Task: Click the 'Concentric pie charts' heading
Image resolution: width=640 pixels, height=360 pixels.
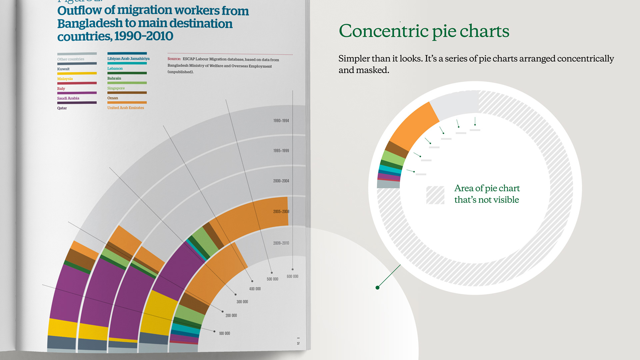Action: pyautogui.click(x=424, y=31)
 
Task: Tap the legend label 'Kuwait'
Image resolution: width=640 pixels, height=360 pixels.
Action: pyautogui.click(x=63, y=69)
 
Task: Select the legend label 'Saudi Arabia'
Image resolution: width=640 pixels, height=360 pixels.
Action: pyautogui.click(x=68, y=98)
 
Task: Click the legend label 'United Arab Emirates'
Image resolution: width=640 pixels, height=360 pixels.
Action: pyautogui.click(x=125, y=108)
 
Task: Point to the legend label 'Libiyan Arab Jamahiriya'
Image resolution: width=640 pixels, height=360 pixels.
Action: pyautogui.click(x=128, y=59)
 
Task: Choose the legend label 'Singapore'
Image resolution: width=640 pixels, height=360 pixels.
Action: pyautogui.click(x=116, y=88)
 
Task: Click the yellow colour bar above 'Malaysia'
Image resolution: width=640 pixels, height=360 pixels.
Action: pyautogui.click(x=77, y=73)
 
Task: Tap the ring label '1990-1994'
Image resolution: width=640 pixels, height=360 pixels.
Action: pyautogui.click(x=281, y=121)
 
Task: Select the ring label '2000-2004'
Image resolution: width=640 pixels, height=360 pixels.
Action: pyautogui.click(x=281, y=181)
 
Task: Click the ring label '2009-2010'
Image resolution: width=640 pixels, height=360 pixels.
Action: pyautogui.click(x=281, y=243)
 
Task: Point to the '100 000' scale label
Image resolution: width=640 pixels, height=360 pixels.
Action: pyautogui.click(x=224, y=333)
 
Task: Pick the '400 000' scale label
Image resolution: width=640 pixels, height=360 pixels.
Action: pyautogui.click(x=255, y=289)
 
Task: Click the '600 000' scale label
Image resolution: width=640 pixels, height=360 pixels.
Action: pyautogui.click(x=292, y=276)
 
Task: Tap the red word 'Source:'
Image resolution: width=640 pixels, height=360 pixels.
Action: pyautogui.click(x=174, y=59)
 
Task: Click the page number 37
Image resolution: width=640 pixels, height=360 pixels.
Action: pyautogui.click(x=298, y=343)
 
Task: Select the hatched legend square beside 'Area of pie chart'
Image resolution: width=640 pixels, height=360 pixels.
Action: pyautogui.click(x=435, y=195)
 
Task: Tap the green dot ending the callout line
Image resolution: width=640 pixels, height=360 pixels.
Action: pyautogui.click(x=377, y=288)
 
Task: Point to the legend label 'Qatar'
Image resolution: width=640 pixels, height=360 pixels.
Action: pyautogui.click(x=62, y=108)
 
